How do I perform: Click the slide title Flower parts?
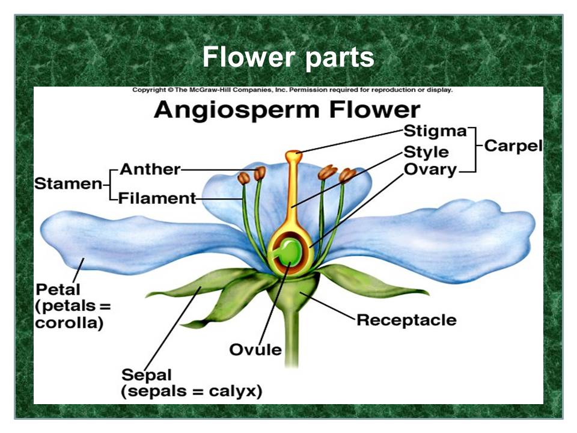tap(288, 58)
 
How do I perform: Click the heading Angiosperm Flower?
tap(286, 110)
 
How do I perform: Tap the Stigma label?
tap(435, 131)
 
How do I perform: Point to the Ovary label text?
tap(430, 170)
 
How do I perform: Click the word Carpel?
tap(513, 146)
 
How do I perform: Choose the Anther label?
tap(150, 169)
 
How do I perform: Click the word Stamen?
tap(67, 183)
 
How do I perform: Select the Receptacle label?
tap(406, 319)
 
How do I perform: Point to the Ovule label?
tap(255, 349)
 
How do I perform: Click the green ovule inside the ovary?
tap(290, 251)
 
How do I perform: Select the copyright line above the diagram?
tap(292, 90)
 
